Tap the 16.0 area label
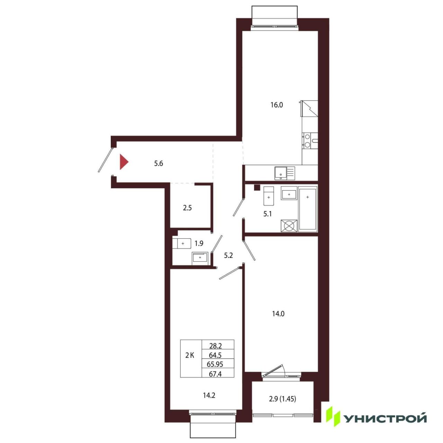[x=277, y=105]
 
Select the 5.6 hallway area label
[x=159, y=164]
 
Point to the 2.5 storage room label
[x=187, y=208]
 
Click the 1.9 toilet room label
[x=199, y=243]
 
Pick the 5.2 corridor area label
[x=228, y=255]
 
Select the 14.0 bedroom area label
[x=278, y=314]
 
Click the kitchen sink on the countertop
[x=284, y=173]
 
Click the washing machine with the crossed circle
[x=289, y=226]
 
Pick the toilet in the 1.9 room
[x=182, y=243]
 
